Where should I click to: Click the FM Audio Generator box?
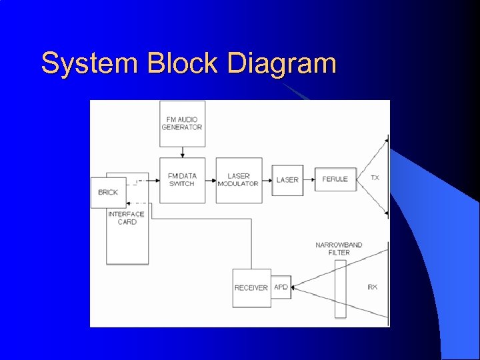182,123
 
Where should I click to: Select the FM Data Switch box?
182,180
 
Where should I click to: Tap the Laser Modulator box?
239,180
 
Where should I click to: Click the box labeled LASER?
287,180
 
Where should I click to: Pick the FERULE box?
335,179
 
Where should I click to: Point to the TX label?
375,178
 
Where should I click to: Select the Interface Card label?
127,218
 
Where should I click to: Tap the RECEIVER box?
251,288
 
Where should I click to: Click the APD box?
281,287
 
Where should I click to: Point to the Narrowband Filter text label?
339,249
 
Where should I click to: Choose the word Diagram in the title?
281,64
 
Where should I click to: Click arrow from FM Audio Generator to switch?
182,152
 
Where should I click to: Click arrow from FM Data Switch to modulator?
211,180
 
